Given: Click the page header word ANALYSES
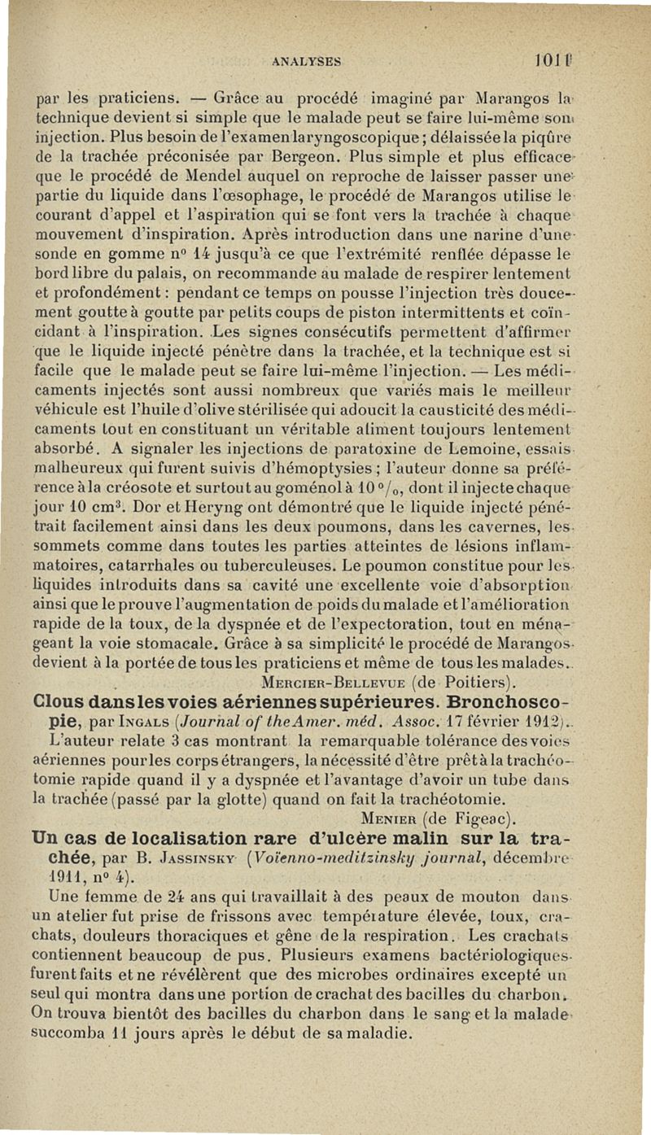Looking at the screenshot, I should [x=307, y=59].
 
